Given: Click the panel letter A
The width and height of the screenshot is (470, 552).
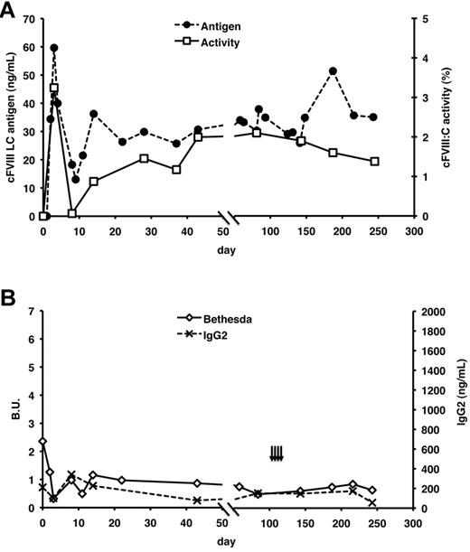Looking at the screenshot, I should (x=10, y=10).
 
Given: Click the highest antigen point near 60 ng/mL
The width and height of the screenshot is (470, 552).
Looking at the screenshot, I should (x=54, y=48).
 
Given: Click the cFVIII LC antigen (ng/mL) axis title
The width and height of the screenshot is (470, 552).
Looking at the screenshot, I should (x=11, y=117).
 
